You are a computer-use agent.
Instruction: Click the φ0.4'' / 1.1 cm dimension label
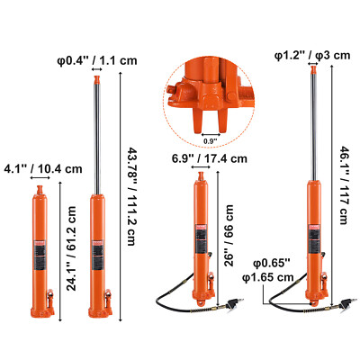[93, 59]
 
